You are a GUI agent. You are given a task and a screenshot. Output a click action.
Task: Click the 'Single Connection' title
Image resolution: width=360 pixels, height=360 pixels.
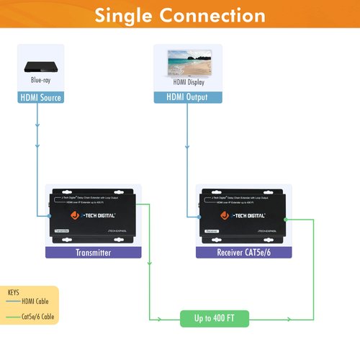(x=180, y=15)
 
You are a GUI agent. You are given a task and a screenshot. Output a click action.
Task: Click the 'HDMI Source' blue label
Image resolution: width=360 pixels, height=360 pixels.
(x=40, y=97)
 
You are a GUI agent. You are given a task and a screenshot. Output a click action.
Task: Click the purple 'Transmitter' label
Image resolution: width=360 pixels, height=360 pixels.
(x=93, y=253)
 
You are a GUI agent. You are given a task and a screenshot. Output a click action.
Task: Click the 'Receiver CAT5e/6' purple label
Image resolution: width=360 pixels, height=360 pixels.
(x=243, y=253)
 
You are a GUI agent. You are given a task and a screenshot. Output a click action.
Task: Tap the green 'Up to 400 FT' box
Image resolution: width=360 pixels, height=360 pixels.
(x=214, y=318)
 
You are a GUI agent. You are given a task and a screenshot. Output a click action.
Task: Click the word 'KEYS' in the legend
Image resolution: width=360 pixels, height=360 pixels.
(x=14, y=293)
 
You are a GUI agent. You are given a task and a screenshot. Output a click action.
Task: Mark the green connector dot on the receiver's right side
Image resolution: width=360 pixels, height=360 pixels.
(x=286, y=219)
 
